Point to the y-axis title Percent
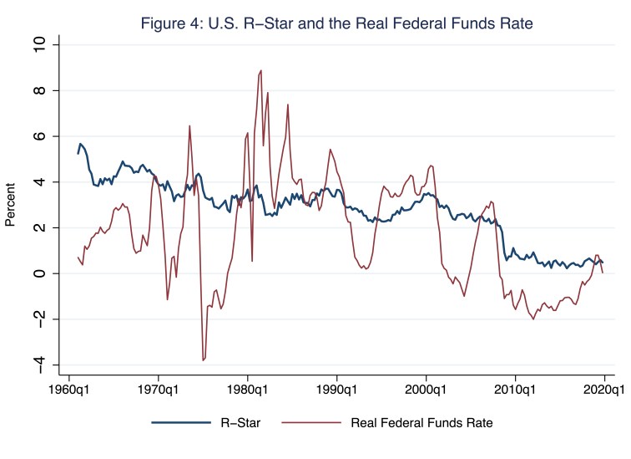[x=12, y=204]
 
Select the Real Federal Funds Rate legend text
[x=422, y=423]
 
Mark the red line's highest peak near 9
[x=261, y=70]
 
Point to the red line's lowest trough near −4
[x=203, y=360]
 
